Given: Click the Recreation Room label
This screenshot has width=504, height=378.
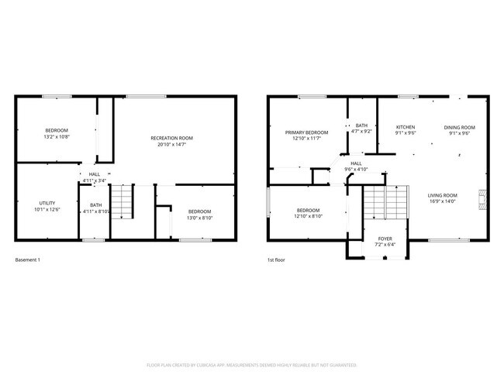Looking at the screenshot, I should click(171, 138).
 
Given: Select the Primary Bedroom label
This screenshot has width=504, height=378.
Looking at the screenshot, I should click(306, 132).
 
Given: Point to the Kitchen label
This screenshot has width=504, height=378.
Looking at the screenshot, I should click(406, 127).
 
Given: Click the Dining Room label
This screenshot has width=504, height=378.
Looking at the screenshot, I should click(459, 127).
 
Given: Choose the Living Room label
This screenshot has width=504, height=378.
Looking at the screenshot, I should click(442, 195).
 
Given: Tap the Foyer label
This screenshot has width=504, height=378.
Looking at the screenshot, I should click(385, 239).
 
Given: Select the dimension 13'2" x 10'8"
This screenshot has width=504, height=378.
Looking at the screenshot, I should click(57, 136).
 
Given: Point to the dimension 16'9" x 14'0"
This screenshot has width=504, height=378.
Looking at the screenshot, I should click(442, 202).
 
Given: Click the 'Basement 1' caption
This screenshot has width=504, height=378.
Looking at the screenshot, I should click(28, 259).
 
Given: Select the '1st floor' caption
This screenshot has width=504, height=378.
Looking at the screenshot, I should click(276, 259).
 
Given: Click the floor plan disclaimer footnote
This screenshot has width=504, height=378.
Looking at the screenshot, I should click(251, 364).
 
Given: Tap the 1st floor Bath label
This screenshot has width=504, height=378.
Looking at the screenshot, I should click(361, 125).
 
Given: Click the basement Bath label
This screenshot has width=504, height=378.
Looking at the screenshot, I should click(95, 205).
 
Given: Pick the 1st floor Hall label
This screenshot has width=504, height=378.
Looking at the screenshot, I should click(356, 163).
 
